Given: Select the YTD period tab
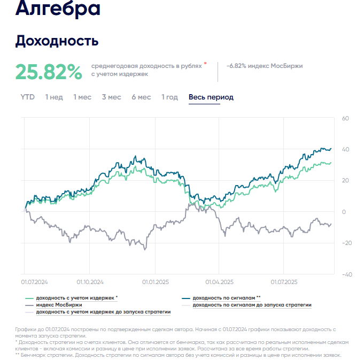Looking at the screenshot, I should coord(27,97).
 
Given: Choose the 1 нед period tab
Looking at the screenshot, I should coord(54,97).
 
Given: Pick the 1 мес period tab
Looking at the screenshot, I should coord(82,97).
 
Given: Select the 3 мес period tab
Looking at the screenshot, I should coord(111,97).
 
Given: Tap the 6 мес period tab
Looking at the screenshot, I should coord(141,97).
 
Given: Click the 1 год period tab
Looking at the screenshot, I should coord(169,97).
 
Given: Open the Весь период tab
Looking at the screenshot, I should coord(211,97).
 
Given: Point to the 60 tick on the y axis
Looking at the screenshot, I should coord(345,118).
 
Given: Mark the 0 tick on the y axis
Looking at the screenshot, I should coord(344,212).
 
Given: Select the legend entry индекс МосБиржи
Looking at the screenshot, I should coord(59,304).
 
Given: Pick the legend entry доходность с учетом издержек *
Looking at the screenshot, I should coord(76,297).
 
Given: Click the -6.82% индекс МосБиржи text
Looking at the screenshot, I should coord(265,66).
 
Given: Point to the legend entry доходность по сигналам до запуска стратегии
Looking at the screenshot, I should coord(251,304).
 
